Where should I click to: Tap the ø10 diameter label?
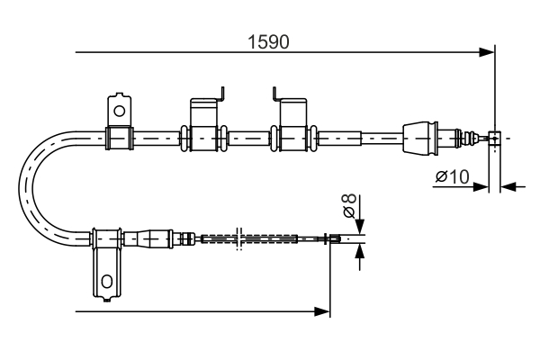point(452,177)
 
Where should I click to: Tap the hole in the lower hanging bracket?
point(107,282)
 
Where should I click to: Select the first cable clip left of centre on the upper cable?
point(204,138)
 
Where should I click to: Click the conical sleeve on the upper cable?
point(419,138)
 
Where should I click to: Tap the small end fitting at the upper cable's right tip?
point(493,138)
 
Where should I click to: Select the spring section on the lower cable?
point(247,238)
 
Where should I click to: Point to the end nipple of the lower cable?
point(334,238)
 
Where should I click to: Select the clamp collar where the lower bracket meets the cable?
point(106,238)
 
